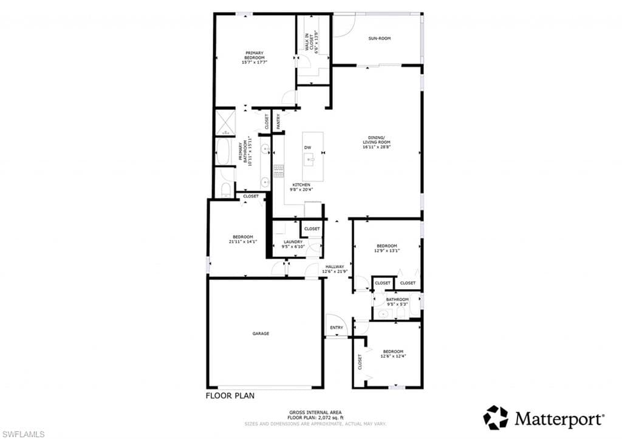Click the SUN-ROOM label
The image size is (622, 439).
(380, 38)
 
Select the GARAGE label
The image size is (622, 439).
(261, 333)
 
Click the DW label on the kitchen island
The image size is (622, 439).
(307, 148)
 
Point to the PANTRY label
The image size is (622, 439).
(278, 121)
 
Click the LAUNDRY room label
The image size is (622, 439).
(293, 242)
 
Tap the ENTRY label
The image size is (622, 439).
(337, 328)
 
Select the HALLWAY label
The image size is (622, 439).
(335, 267)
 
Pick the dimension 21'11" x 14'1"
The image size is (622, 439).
(243, 242)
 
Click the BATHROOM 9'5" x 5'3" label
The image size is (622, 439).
(397, 301)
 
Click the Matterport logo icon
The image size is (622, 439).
(496, 417)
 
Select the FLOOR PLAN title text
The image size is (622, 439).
(230, 396)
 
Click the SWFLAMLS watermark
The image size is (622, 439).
(22, 434)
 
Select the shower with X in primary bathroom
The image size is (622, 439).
(225, 121)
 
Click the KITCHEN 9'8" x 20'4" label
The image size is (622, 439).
(301, 187)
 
